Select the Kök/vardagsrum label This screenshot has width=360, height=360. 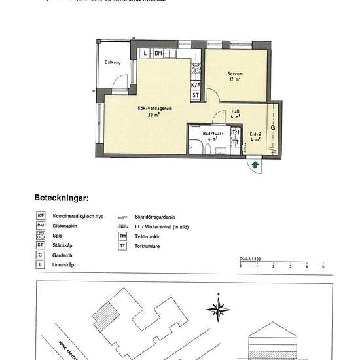pyautogui.click(x=154, y=109)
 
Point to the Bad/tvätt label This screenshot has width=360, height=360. pyautogui.click(x=213, y=133)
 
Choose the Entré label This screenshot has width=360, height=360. pyautogui.click(x=256, y=134)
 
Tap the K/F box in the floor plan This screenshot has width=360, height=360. pyautogui.click(x=195, y=86)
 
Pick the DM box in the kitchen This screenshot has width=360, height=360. pyautogui.click(x=158, y=53)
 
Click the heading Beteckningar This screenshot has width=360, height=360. pyautogui.click(x=61, y=196)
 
